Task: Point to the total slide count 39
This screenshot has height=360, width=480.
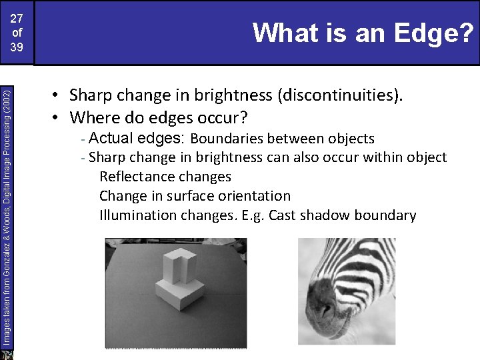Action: (x=17, y=47)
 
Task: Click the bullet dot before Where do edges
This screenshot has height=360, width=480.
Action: (x=59, y=119)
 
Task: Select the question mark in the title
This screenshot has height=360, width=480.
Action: (x=467, y=32)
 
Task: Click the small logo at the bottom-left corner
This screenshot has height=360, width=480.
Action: (x=8, y=354)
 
